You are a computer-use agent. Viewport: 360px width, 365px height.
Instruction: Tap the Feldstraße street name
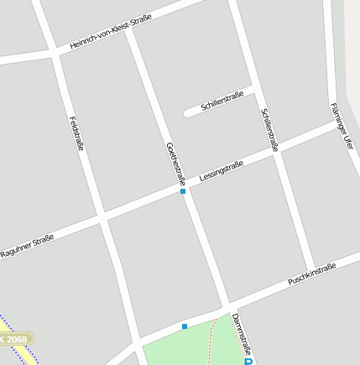click(77, 133)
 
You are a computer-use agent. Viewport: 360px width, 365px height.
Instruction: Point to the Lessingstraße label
click(222, 172)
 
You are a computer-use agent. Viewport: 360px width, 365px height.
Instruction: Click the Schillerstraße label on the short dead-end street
click(222, 102)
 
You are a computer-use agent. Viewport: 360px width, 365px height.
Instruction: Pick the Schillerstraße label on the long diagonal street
click(269, 129)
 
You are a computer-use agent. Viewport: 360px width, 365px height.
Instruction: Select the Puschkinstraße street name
click(312, 273)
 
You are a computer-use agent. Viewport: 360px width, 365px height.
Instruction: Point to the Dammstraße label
click(241, 333)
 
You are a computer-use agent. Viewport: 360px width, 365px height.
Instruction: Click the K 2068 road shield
click(15, 338)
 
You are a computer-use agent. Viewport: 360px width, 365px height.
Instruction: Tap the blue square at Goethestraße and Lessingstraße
click(183, 191)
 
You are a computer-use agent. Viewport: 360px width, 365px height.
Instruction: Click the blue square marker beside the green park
click(185, 326)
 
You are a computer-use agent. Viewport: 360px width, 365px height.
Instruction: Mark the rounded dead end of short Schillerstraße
click(187, 112)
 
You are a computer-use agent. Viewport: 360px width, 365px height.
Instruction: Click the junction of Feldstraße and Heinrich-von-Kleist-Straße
click(54, 52)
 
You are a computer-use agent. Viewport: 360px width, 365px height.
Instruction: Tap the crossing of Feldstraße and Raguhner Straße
click(103, 217)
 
